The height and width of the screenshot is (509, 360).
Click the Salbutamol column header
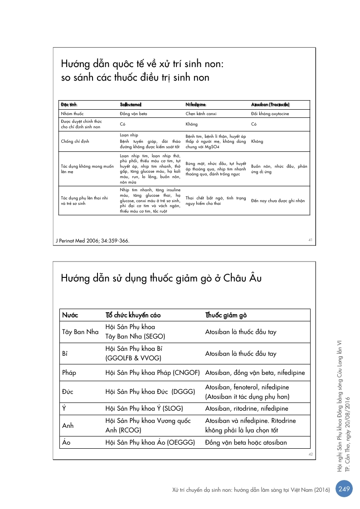point(131,105)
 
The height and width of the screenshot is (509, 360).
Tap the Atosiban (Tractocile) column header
point(270,105)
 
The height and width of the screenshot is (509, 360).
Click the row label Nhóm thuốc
point(73,113)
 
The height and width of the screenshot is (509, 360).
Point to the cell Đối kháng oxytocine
point(270,113)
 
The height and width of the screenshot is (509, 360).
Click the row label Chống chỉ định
point(75,141)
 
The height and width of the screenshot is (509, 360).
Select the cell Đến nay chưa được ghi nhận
point(278,200)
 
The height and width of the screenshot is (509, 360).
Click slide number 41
point(311,240)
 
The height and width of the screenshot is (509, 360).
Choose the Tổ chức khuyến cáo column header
point(133,315)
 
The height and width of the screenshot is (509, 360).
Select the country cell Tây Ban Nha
point(80,332)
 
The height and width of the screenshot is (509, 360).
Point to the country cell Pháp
point(69,373)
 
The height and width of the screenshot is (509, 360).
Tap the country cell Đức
point(68,392)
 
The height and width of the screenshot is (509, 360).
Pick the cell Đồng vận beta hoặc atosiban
point(246,442)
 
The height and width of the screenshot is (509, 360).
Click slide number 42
point(311,454)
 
